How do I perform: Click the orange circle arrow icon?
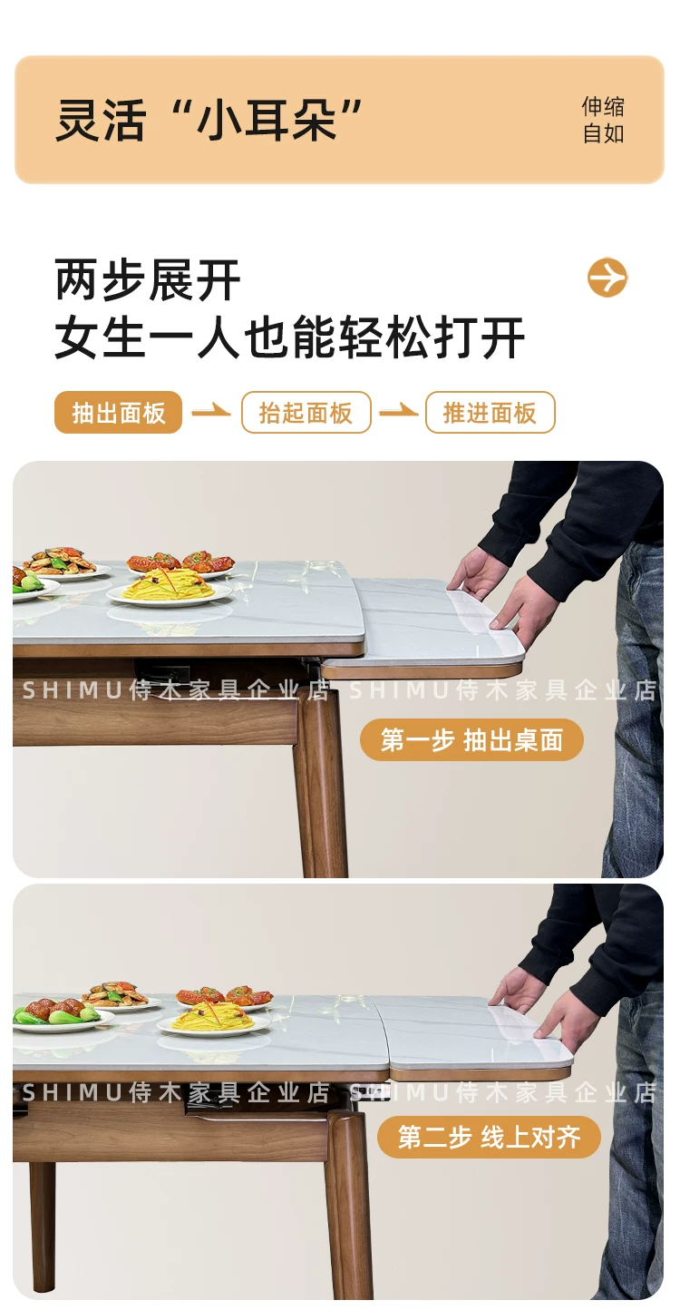[607, 277]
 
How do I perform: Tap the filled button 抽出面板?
[118, 412]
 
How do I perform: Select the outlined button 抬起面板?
[306, 412]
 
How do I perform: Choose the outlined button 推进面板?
[490, 412]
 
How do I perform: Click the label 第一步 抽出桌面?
[471, 739]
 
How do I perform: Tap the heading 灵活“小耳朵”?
[209, 120]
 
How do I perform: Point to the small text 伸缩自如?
[603, 120]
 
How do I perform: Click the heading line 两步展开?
[148, 279]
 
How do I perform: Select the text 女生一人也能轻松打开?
[289, 337]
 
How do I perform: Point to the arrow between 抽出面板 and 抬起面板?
[211, 412]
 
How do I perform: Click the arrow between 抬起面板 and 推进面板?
[398, 412]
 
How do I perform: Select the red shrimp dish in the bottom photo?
[225, 996]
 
